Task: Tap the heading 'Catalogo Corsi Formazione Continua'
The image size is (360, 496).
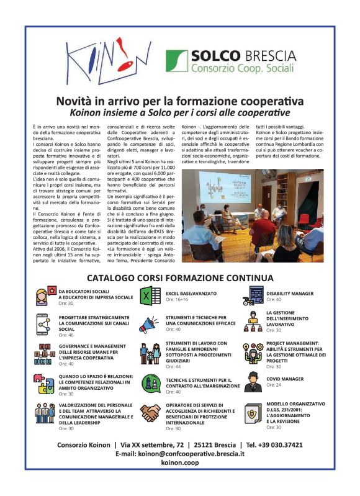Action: coord(180,277)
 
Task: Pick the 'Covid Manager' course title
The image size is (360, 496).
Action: coord(285,379)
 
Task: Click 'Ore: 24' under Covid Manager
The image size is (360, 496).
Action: coord(274,385)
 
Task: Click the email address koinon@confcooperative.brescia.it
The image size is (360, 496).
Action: coord(180,454)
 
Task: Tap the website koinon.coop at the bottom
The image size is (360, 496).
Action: coord(180,463)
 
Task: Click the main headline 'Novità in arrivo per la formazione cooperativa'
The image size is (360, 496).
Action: coord(180,101)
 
